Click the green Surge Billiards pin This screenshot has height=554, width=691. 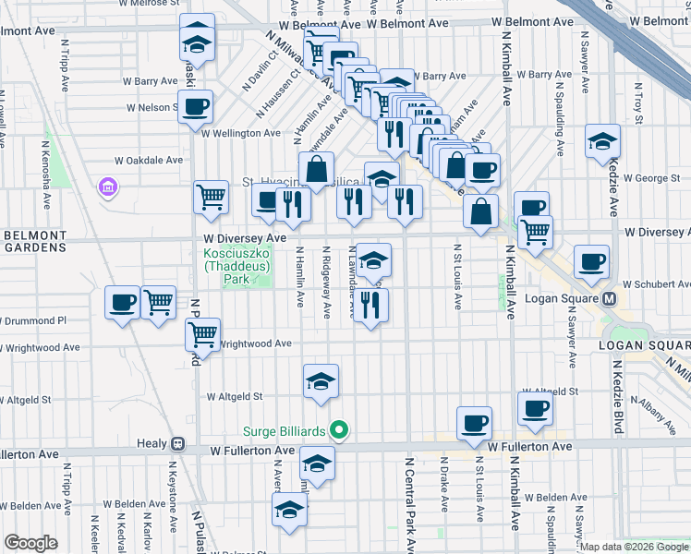(340, 430)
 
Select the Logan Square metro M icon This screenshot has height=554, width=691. (610, 299)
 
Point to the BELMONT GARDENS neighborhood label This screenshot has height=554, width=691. (34, 241)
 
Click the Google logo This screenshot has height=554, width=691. (30, 543)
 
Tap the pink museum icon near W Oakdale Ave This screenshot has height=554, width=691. (108, 188)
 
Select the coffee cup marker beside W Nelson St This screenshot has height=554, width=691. (195, 107)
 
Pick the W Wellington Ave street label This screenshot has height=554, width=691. (240, 133)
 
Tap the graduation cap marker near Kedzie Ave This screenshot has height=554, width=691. (602, 141)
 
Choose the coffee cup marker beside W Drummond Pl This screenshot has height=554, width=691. (122, 303)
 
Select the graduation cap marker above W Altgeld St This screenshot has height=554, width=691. (321, 381)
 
